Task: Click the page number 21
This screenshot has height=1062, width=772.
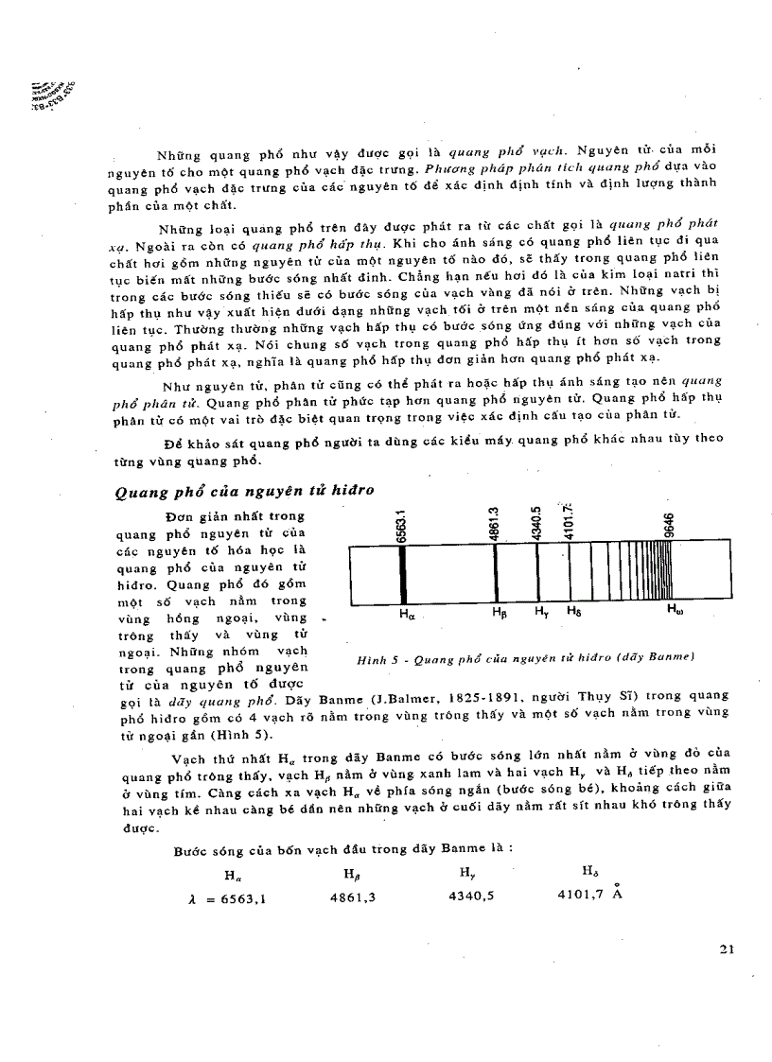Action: [x=727, y=949]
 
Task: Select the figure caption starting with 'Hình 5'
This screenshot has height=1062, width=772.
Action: [x=519, y=656]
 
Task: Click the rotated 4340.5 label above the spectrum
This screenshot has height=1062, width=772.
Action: [x=536, y=522]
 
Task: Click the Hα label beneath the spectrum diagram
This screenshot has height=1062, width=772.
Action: [x=408, y=614]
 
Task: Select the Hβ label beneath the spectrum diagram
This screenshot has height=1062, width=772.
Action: [x=500, y=612]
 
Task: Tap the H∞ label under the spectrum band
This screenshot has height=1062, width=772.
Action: [x=675, y=611]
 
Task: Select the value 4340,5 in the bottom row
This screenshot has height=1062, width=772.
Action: [x=472, y=895]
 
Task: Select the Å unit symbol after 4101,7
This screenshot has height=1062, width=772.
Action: [x=617, y=890]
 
